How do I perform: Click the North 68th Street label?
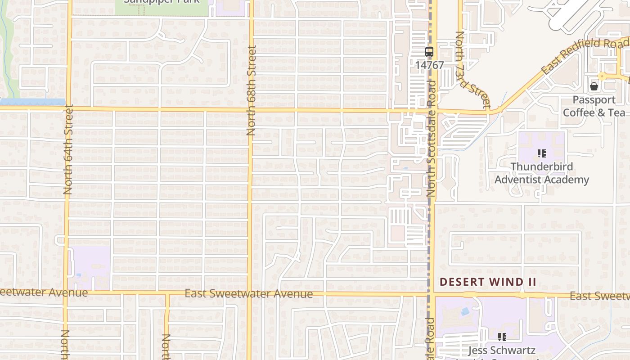(251, 90)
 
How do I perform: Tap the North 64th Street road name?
(68, 149)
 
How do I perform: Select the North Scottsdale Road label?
(431, 139)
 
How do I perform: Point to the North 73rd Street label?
(472, 70)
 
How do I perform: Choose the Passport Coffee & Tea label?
(594, 106)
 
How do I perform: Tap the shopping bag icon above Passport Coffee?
(594, 86)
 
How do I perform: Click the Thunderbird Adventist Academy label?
(542, 173)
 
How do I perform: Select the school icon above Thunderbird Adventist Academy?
(542, 153)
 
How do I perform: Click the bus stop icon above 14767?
(429, 52)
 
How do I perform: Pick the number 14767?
(429, 65)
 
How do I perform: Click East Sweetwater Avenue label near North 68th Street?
(248, 294)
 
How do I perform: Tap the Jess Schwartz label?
(502, 350)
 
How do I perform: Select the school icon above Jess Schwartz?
(502, 337)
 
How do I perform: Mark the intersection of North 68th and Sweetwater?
(250, 294)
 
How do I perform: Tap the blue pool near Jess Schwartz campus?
(464, 311)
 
